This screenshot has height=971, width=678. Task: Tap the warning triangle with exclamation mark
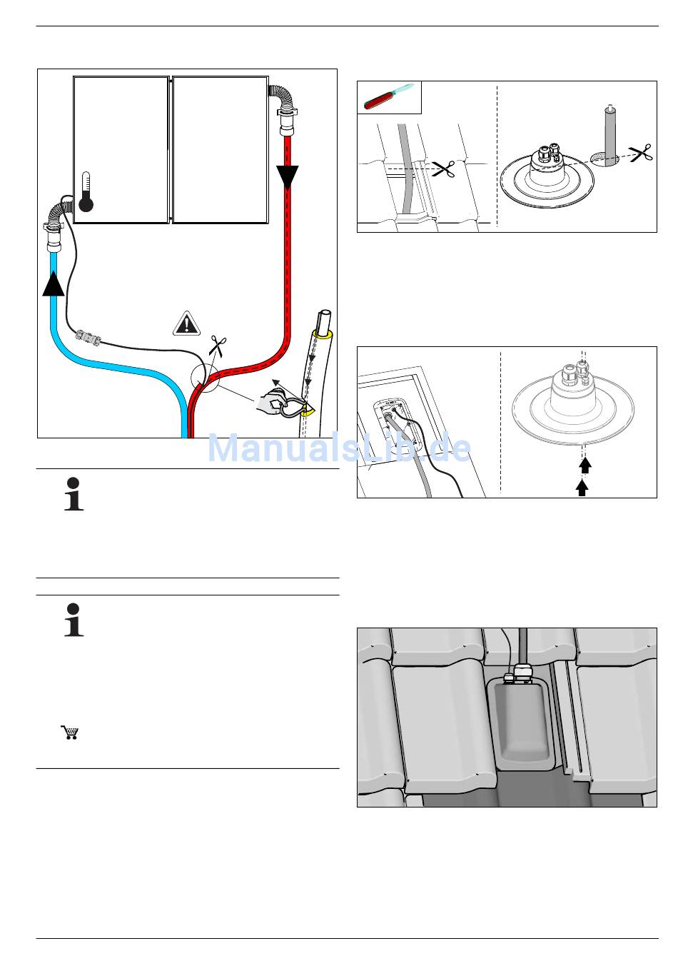click(187, 324)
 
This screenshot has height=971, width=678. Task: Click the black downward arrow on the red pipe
click(288, 176)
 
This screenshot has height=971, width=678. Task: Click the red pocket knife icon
click(388, 97)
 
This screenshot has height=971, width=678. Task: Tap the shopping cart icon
click(69, 732)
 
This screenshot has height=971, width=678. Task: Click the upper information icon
click(74, 493)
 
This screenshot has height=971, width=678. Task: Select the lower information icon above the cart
click(74, 620)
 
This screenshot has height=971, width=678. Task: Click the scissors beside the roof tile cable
click(444, 169)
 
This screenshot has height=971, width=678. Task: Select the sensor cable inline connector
click(86, 336)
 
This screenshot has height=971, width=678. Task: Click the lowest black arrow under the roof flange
click(583, 488)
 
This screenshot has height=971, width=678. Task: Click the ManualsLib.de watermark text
click(339, 448)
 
